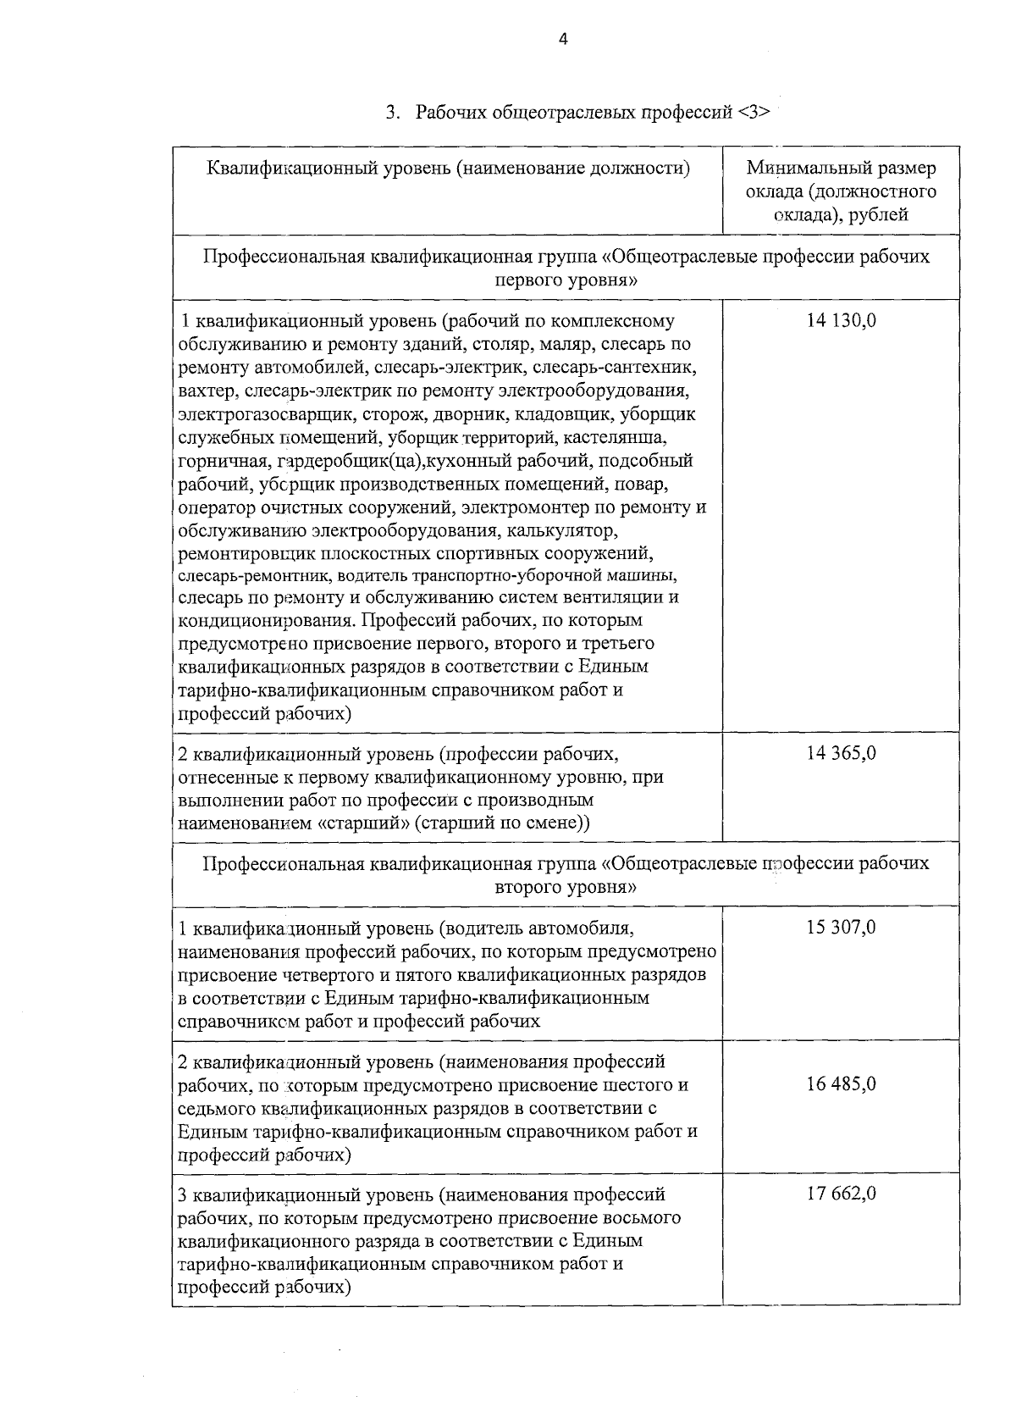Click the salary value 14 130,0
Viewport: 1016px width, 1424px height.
click(x=842, y=321)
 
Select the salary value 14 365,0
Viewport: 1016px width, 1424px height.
click(x=842, y=753)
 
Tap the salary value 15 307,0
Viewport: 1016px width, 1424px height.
click(x=842, y=928)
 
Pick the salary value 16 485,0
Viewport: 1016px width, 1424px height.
click(x=842, y=1084)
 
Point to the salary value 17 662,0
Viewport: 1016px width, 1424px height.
click(x=842, y=1194)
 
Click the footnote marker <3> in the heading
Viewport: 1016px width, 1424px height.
click(x=754, y=113)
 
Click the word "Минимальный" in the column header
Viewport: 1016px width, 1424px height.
click(x=798, y=168)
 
